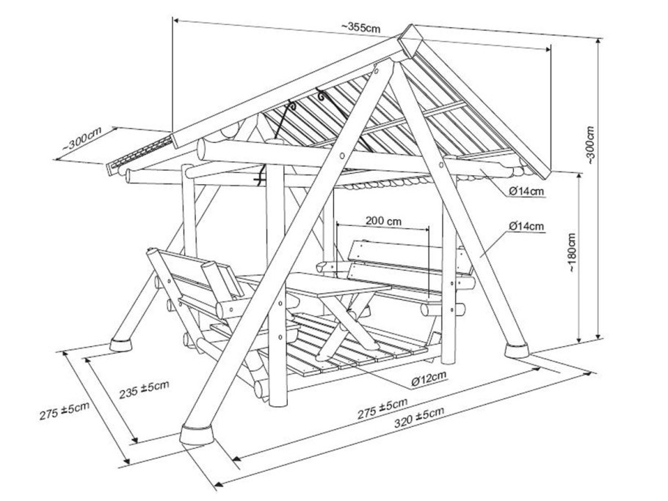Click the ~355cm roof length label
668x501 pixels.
[x=360, y=27]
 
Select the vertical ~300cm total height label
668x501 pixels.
[x=590, y=145]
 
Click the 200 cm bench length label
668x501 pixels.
[x=383, y=221]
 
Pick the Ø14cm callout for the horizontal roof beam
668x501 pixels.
[x=526, y=191]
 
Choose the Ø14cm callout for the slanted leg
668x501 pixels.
[x=526, y=226]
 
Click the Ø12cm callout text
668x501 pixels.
[x=429, y=378]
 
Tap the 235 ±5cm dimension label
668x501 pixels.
[x=144, y=390]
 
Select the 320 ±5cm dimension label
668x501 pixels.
[x=419, y=417]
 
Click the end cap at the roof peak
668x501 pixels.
[x=410, y=40]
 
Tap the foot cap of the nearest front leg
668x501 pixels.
[x=197, y=434]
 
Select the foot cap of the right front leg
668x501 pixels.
[x=516, y=350]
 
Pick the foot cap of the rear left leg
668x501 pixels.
[x=121, y=344]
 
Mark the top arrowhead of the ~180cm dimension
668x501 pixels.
[x=579, y=175]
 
